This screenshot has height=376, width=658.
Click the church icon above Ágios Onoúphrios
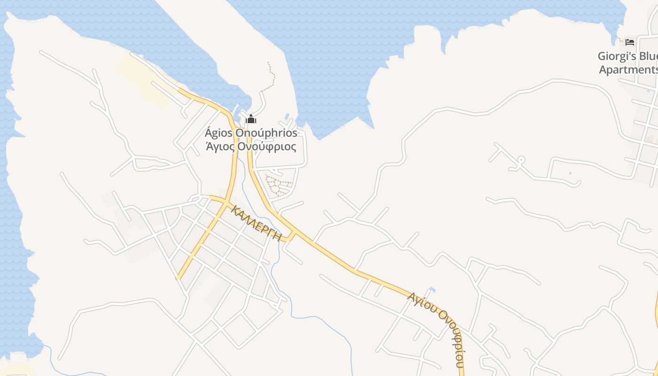pyautogui.click(x=251, y=119)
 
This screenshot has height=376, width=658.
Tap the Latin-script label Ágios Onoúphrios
pyautogui.click(x=251, y=133)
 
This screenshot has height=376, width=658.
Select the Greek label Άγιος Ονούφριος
pyautogui.click(x=251, y=147)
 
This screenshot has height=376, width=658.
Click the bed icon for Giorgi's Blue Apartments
pyautogui.click(x=630, y=42)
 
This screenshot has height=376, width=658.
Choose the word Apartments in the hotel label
pyautogui.click(x=628, y=70)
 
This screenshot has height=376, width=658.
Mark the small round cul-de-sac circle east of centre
pyautogui.click(x=521, y=160)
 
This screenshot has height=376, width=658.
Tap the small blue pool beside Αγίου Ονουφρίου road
pyautogui.click(x=432, y=290)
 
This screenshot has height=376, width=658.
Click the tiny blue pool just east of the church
pyautogui.click(x=287, y=116)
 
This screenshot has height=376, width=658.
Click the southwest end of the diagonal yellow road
pyautogui.click(x=179, y=277)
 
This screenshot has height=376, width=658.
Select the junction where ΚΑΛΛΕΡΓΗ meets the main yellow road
pyautogui.click(x=295, y=232)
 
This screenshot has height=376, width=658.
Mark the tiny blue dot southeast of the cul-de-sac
pyautogui.click(x=571, y=173)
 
